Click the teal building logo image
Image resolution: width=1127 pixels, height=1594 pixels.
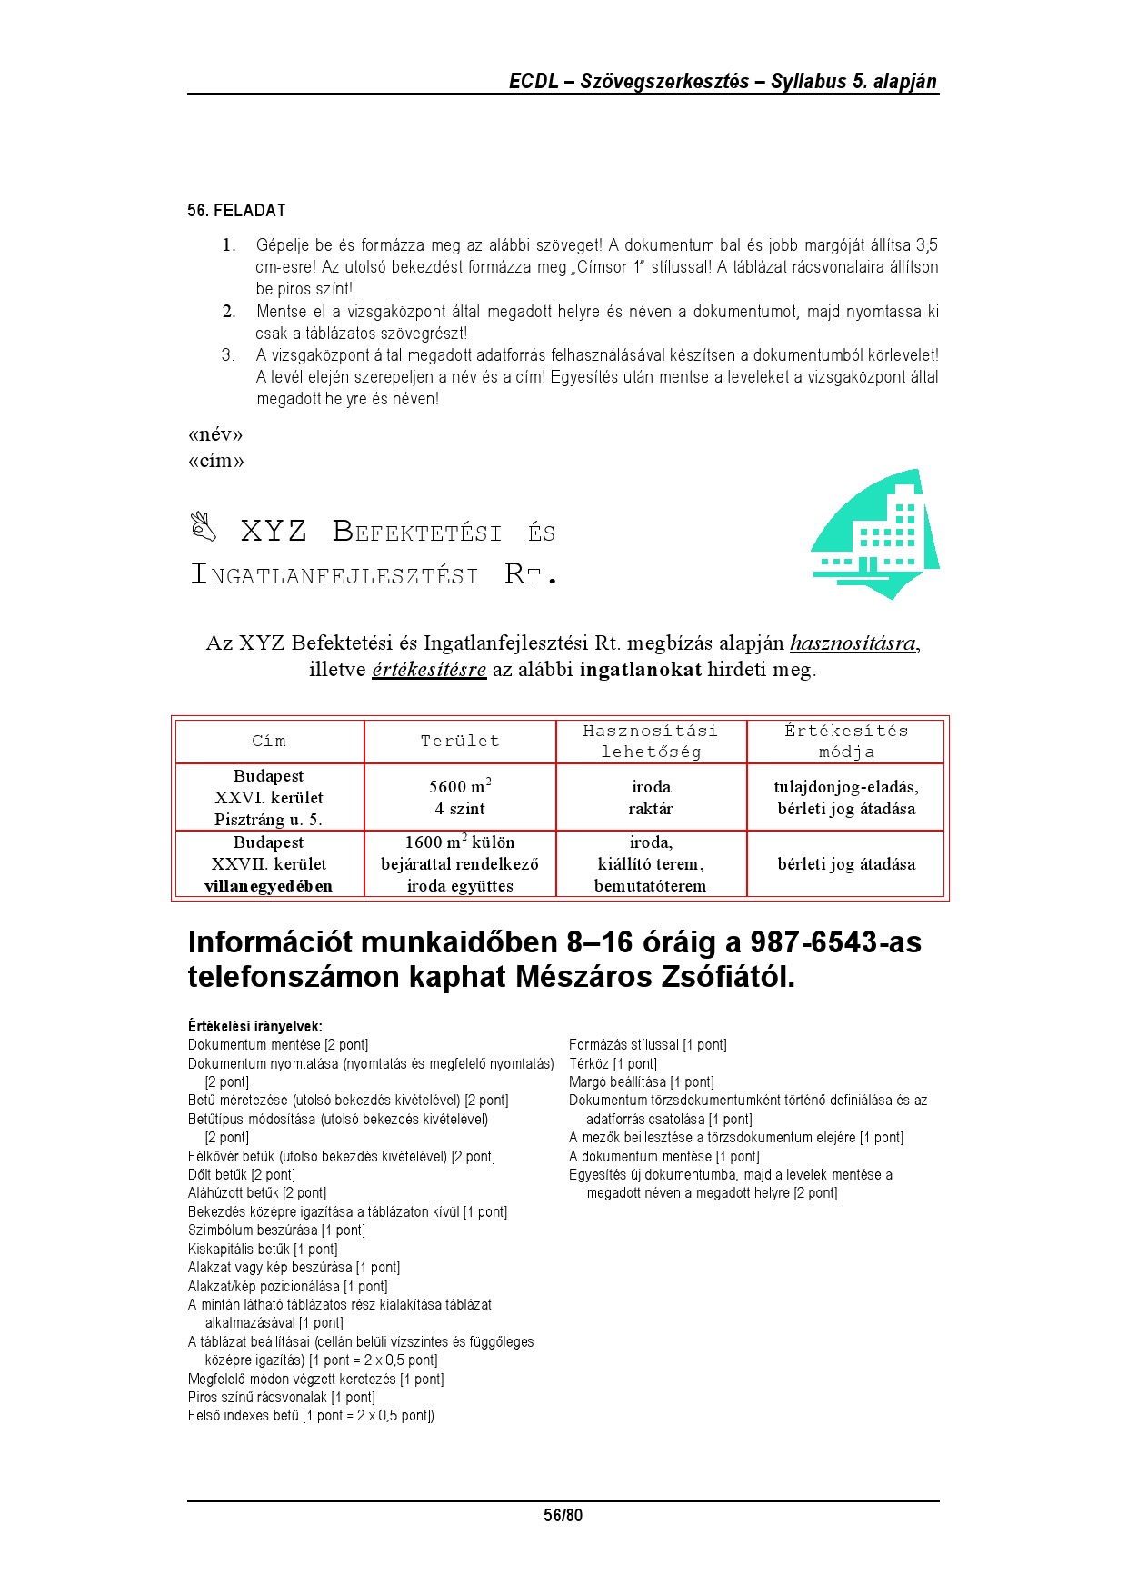pyautogui.click(x=874, y=535)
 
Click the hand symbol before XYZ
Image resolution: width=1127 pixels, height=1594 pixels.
pyautogui.click(x=204, y=526)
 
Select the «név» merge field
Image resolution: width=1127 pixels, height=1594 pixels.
pyautogui.click(x=215, y=434)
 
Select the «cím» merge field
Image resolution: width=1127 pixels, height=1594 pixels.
pyautogui.click(x=216, y=461)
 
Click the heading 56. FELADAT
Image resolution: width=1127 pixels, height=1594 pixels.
pyautogui.click(x=236, y=211)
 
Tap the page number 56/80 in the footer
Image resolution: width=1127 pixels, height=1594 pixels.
pyautogui.click(x=563, y=1515)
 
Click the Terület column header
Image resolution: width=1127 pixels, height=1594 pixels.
pyautogui.click(x=460, y=741)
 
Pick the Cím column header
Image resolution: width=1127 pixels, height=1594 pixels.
pyautogui.click(x=269, y=741)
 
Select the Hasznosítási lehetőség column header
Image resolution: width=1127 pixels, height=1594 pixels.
pyautogui.click(x=651, y=741)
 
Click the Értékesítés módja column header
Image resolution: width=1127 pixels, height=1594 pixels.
pyautogui.click(x=846, y=741)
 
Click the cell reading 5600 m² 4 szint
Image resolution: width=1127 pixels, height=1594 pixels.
pyautogui.click(x=460, y=797)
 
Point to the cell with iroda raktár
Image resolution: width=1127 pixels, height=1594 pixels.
pyautogui.click(x=651, y=797)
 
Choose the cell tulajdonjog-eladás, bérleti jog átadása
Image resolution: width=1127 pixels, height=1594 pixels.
pyautogui.click(x=846, y=797)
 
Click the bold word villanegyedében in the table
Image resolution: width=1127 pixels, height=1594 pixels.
pyautogui.click(x=269, y=886)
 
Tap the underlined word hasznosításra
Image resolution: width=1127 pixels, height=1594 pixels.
pyautogui.click(x=853, y=643)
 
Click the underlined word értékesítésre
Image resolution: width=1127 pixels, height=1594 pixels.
pyautogui.click(x=429, y=670)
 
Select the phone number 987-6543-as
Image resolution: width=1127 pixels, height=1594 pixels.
pyautogui.click(x=836, y=942)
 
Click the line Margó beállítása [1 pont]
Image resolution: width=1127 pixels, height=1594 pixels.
pyautogui.click(x=642, y=1081)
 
